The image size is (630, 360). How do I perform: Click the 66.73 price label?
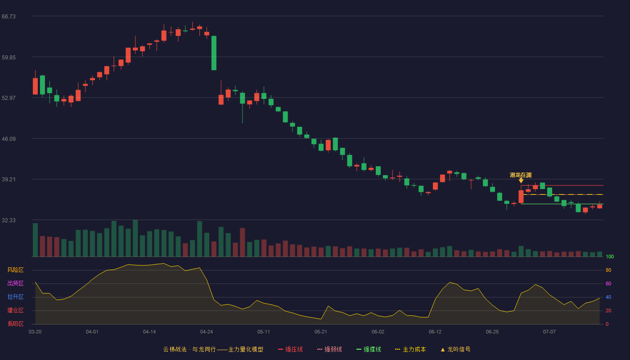(9, 17)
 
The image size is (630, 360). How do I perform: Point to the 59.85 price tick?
(9, 58)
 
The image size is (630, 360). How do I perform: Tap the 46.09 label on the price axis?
(9, 139)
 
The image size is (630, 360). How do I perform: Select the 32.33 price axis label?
(9, 220)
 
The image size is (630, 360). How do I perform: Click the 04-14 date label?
(149, 332)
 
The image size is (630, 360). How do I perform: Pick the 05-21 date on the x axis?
(320, 332)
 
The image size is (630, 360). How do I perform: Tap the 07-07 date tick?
(549, 332)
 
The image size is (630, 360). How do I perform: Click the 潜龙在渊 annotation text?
(521, 175)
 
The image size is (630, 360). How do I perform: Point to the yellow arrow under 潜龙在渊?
(521, 180)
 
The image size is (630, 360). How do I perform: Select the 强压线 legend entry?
(290, 349)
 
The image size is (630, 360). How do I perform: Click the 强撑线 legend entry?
(369, 349)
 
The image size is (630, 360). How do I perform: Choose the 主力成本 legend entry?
(410, 349)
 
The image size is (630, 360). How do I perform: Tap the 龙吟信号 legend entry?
(455, 349)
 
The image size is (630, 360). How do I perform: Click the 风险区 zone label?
(15, 270)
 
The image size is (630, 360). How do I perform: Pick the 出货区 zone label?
(15, 283)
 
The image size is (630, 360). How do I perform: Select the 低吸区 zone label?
(15, 324)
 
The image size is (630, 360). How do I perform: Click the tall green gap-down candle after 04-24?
(214, 53)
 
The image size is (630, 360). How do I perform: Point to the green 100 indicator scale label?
(610, 256)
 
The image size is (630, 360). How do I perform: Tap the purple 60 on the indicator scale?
(608, 283)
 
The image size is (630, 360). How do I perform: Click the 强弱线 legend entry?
(329, 349)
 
